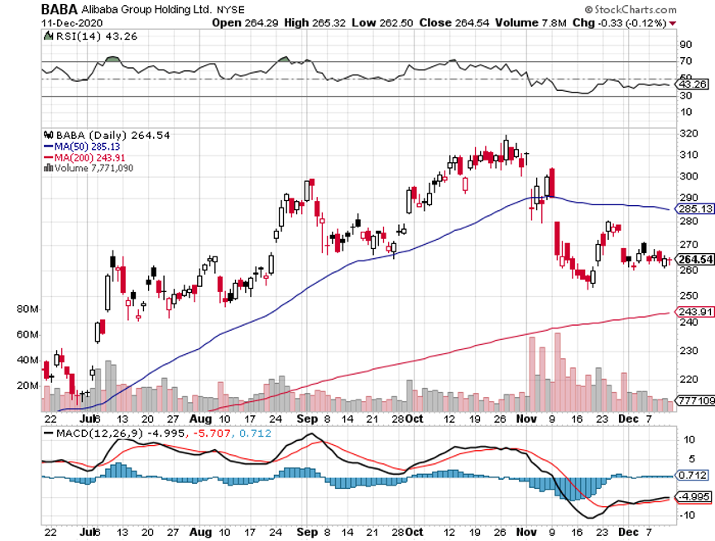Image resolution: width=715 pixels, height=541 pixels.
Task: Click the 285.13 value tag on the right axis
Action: [694, 209]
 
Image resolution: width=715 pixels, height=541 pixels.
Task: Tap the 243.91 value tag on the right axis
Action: [694, 311]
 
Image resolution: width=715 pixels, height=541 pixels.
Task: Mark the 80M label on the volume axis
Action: [28, 309]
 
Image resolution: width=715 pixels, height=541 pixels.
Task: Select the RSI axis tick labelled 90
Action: [685, 45]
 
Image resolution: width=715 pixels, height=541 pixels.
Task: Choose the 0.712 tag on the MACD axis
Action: [692, 476]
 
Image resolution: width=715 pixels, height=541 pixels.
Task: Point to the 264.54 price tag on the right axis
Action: [694, 261]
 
